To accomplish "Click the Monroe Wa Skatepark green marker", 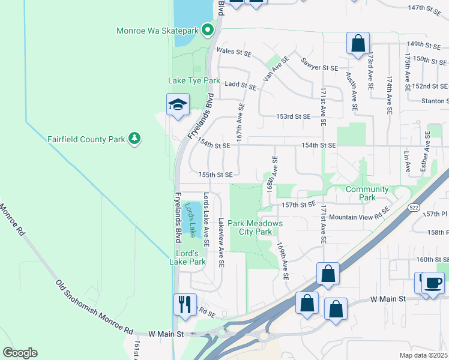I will point(208,29).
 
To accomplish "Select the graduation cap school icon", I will point(178,105).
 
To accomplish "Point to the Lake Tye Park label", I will point(194,80).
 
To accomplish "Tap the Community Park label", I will point(367,193).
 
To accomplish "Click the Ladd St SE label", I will point(240,86).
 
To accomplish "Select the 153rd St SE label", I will point(293,116).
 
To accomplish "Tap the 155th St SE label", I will point(215,175).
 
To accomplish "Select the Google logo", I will point(20,353).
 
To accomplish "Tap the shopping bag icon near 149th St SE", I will point(358,43).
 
